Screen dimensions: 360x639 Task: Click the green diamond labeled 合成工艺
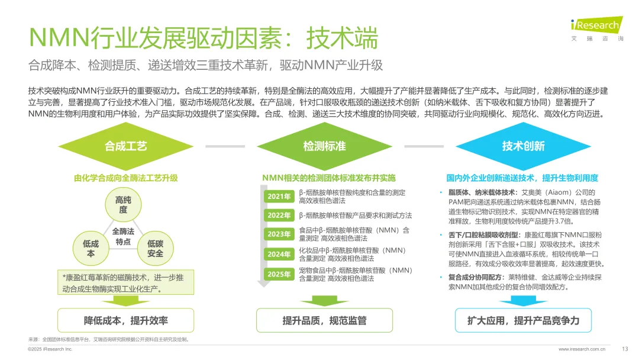[x=126, y=146]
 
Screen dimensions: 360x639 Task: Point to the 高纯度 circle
[x=122, y=205]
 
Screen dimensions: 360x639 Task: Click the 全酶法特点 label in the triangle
[x=123, y=236]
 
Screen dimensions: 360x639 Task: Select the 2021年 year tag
[x=279, y=197]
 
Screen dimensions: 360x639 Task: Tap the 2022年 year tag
[x=279, y=216]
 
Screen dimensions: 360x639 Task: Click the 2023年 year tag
[x=279, y=234]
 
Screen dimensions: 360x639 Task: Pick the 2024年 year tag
[x=279, y=254]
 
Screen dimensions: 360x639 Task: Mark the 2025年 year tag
[x=279, y=274]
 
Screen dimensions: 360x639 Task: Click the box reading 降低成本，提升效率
[x=125, y=320]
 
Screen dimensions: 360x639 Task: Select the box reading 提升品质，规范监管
[x=324, y=320]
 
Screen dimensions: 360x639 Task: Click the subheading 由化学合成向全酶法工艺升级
[x=126, y=178]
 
